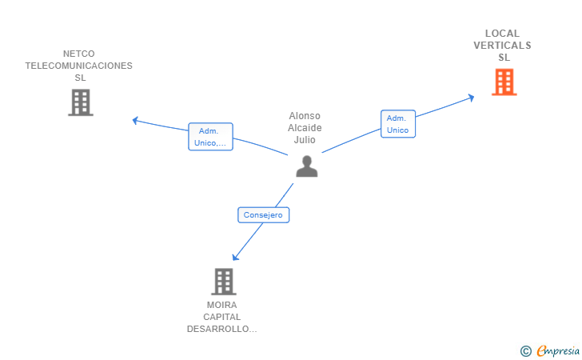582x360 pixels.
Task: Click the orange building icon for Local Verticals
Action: [504, 82]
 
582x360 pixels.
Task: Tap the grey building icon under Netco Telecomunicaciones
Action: [80, 102]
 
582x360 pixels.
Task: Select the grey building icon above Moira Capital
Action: [224, 282]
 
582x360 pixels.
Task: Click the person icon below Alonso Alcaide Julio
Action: [306, 166]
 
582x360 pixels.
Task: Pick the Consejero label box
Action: [264, 214]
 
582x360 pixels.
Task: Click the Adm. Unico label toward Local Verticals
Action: [397, 124]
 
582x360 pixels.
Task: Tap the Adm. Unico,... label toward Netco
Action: [210, 137]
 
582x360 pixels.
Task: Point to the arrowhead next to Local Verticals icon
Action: [472, 98]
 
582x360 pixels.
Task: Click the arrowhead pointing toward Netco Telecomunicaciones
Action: [135, 120]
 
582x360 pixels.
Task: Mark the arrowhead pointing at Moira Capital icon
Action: [235, 257]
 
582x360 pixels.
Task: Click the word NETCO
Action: [79, 54]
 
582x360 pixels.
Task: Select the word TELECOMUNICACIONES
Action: [79, 66]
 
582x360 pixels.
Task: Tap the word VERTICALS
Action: [502, 46]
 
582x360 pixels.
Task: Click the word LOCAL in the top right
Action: [502, 34]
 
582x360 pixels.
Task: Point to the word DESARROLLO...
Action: [222, 329]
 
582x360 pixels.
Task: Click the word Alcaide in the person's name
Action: [305, 128]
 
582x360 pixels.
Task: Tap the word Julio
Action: [305, 140]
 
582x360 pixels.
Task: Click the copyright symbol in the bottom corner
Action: [525, 350]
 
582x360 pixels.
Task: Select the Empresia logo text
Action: [558, 350]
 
